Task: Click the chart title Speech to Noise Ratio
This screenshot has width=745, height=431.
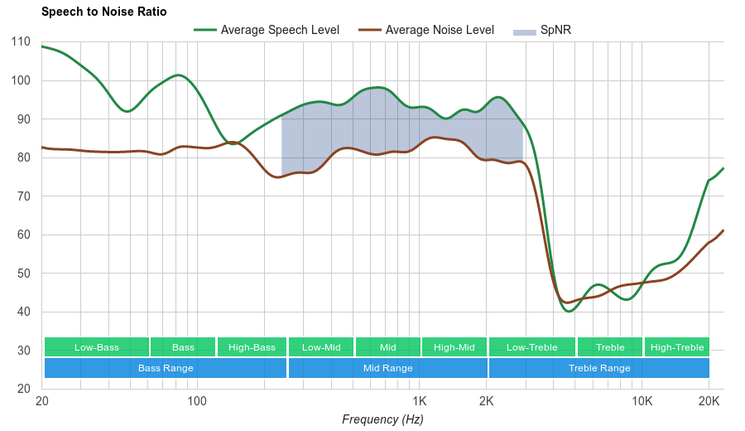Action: click(103, 12)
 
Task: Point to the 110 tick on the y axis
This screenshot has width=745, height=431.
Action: click(22, 41)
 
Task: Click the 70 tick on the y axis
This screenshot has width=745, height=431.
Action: click(24, 196)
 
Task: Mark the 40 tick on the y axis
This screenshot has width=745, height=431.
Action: click(24, 312)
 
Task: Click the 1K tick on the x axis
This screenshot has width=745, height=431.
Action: click(420, 401)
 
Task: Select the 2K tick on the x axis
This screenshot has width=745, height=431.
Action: click(487, 401)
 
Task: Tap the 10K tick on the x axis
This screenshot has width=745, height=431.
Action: click(642, 401)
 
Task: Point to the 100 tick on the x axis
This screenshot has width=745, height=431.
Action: click(197, 401)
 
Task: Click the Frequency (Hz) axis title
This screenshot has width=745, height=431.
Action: click(382, 419)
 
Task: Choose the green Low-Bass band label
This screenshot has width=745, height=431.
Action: click(97, 347)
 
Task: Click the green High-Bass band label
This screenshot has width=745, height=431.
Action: click(252, 347)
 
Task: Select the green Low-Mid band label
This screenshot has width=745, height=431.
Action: click(321, 347)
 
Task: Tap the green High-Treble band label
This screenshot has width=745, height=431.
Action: click(677, 347)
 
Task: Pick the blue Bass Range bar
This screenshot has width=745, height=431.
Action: click(166, 368)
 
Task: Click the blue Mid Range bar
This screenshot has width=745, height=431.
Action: click(387, 368)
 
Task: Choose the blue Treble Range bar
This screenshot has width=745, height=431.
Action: click(599, 368)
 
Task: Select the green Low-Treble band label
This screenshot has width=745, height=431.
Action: click(532, 347)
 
